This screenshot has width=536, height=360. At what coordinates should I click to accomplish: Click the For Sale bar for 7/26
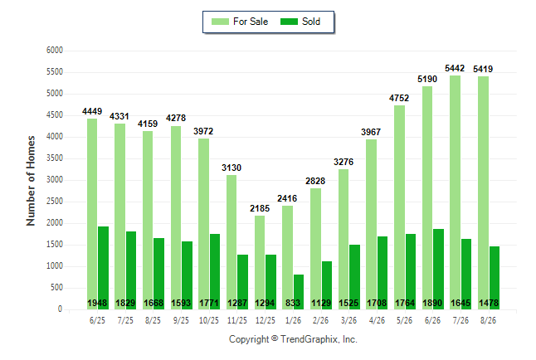coord(455,192)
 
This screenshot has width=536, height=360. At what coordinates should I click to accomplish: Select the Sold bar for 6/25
coord(103,268)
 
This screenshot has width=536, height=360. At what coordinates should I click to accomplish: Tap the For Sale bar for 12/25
coord(260,263)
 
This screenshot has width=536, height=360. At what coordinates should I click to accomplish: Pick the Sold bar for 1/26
coord(299,292)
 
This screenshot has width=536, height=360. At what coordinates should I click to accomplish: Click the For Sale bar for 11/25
coord(231,242)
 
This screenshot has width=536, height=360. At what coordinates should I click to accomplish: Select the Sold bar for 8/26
coord(495,278)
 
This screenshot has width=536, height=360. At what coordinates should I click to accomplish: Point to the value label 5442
coord(455,68)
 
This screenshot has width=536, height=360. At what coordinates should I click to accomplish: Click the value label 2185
coord(260,208)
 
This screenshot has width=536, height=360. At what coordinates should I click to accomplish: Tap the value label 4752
coord(399,98)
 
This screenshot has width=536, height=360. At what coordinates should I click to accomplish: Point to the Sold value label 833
coord(293,303)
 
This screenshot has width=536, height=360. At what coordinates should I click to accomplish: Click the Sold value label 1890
coord(432,303)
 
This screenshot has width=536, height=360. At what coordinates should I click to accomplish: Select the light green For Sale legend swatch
coord(220,22)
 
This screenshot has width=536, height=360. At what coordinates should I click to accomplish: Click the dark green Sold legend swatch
coord(290,22)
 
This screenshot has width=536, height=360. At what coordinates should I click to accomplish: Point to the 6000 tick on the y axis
coord(55,51)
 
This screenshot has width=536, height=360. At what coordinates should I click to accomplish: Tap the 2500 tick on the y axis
coord(55,202)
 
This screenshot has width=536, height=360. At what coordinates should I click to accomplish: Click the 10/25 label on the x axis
coord(209,320)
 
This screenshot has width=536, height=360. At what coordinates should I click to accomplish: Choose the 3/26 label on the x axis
coord(348,320)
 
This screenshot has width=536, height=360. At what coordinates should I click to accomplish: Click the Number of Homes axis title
coord(31,181)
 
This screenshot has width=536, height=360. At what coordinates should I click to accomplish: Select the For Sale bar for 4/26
coord(371,225)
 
